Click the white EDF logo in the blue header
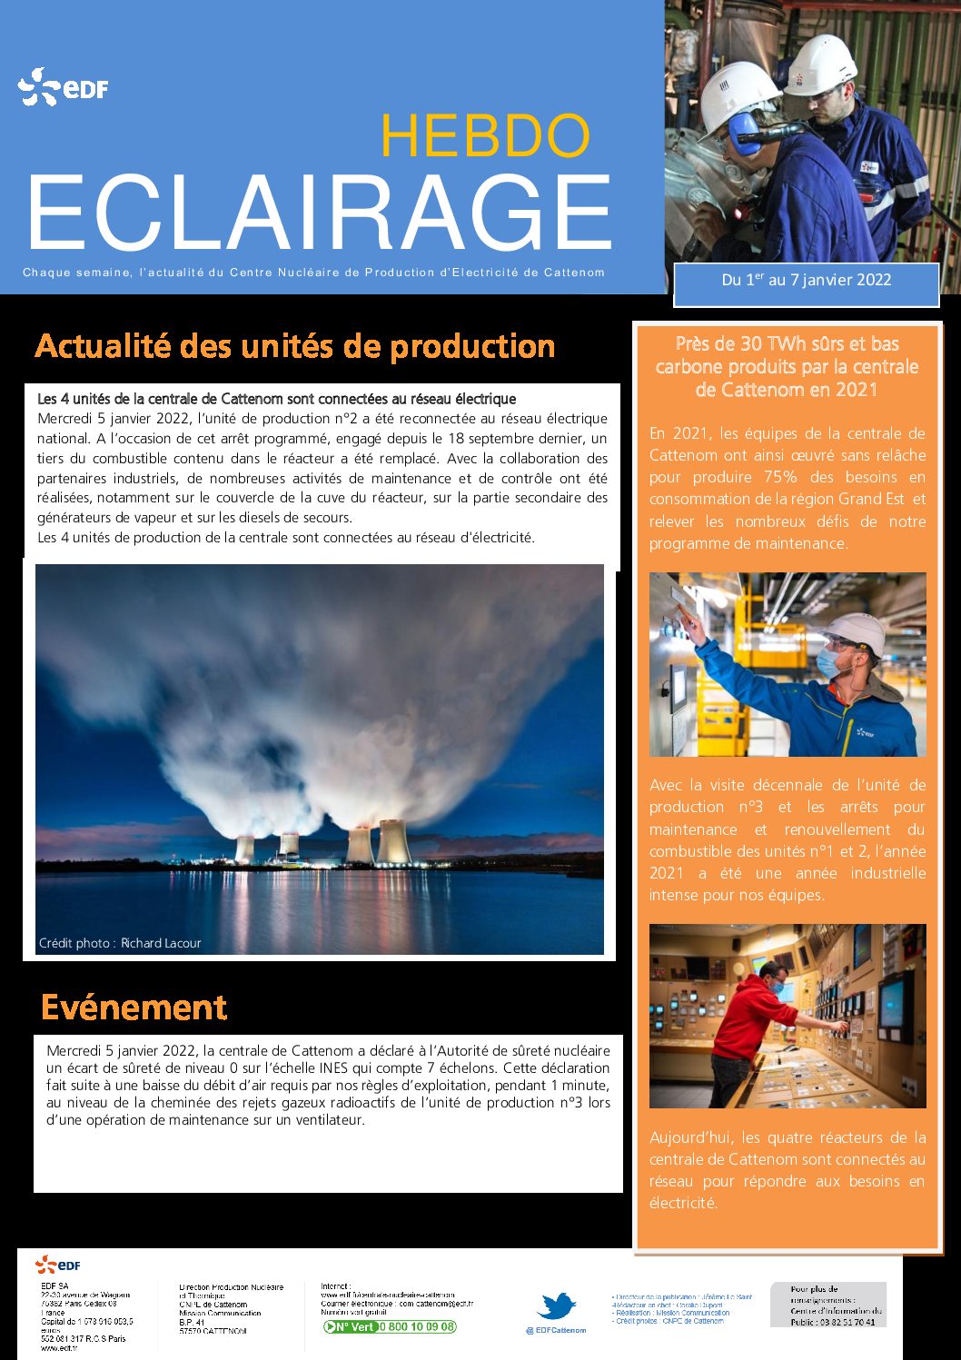click(x=63, y=88)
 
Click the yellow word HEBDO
click(x=484, y=136)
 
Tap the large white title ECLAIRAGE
click(x=320, y=213)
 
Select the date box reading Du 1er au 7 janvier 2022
click(x=806, y=281)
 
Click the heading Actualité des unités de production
click(x=294, y=346)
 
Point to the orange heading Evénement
click(x=134, y=1008)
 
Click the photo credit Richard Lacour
click(x=120, y=943)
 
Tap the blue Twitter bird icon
click(x=556, y=1306)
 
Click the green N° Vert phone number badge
click(x=391, y=1327)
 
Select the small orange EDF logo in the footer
click(x=58, y=1265)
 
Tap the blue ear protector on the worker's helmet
click(x=743, y=134)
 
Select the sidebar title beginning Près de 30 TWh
click(x=787, y=367)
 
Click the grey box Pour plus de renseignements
click(x=827, y=1305)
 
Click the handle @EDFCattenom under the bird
click(x=556, y=1331)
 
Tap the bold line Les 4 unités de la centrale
click(x=276, y=399)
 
